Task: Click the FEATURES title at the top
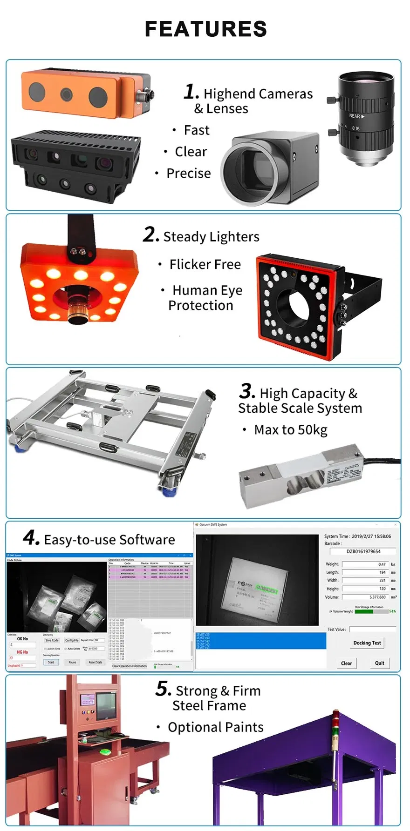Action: tap(205, 29)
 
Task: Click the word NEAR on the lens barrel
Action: tap(355, 116)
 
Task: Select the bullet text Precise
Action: tap(188, 173)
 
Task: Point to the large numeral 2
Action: tap(151, 235)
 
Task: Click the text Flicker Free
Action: tap(205, 264)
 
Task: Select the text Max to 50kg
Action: tap(290, 430)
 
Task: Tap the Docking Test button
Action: tap(367, 643)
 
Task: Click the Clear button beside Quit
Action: tap(346, 663)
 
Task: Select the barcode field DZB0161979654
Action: tap(363, 551)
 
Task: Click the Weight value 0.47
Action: tap(382, 564)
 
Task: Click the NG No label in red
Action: tap(22, 652)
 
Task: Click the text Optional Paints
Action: tap(215, 727)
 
